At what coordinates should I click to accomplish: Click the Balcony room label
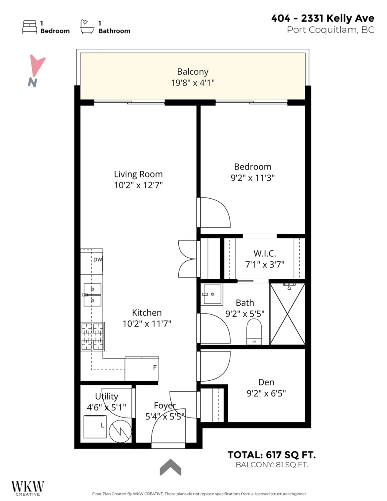coord(192,72)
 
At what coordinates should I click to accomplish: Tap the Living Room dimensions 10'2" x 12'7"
coord(138,185)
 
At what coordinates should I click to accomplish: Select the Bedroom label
coord(253,167)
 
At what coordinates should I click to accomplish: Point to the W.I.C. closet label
coord(265,253)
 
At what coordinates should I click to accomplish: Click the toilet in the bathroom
coord(254,331)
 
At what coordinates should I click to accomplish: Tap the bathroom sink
coord(212,294)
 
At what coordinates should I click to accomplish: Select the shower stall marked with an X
coord(288,314)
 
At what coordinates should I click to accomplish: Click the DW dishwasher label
coord(98,260)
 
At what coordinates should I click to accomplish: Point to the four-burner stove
coord(92,336)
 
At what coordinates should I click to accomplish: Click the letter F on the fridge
coord(154,368)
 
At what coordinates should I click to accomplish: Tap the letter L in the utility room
coord(102,425)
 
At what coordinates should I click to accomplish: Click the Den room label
coord(266,382)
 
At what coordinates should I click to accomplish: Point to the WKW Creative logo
coord(28,488)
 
